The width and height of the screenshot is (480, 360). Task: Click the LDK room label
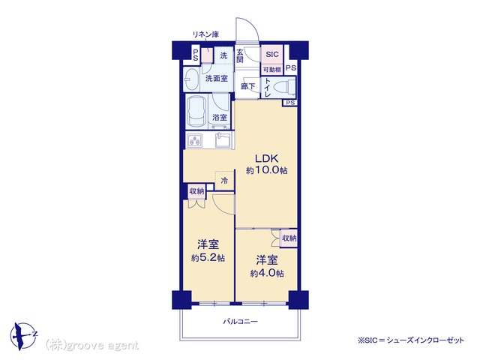267,158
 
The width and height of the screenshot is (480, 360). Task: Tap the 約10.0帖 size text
267,170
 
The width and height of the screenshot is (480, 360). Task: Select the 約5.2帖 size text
208,258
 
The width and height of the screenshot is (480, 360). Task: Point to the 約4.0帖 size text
267,273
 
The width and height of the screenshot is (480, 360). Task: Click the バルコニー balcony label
240,322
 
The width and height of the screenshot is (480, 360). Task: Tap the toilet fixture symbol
284,87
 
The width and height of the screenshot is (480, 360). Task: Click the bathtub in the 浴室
196,112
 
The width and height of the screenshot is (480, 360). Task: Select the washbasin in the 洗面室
192,79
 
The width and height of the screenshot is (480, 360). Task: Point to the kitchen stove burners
195,141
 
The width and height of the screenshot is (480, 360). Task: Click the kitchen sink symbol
223,140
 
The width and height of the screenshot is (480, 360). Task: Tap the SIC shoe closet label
272,55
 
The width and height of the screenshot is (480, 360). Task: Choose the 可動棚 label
272,70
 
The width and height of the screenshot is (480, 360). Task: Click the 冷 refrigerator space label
224,181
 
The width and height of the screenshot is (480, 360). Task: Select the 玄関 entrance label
240,56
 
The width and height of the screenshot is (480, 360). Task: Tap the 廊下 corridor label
247,87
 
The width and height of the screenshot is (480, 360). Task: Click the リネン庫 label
205,34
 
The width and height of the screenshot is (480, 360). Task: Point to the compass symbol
23,336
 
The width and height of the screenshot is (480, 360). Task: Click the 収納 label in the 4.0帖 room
289,238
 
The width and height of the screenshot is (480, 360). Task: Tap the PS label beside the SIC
291,67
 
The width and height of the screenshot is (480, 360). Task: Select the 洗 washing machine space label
223,55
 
